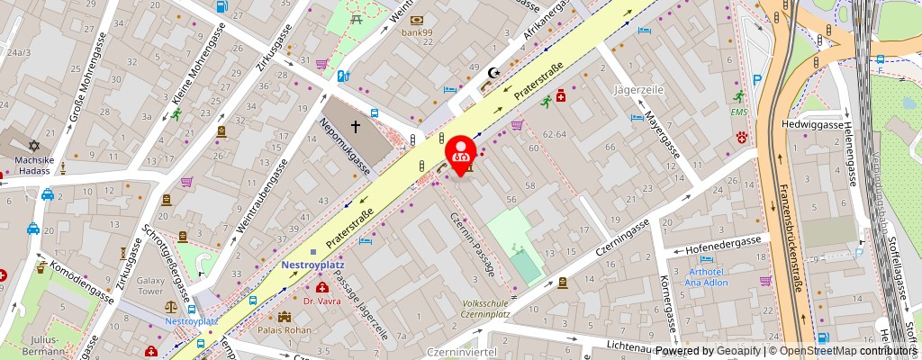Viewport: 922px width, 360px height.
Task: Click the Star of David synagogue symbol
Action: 33,145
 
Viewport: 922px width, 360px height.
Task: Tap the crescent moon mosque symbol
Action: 492,72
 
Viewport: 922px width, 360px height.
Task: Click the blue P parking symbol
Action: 757,80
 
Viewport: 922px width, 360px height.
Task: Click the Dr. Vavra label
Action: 322,301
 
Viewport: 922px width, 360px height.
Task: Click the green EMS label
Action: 739,112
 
